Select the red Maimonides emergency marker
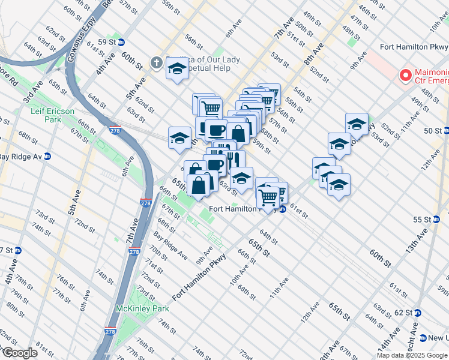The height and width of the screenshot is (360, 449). (405, 75)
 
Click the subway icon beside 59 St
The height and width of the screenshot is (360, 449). (121, 42)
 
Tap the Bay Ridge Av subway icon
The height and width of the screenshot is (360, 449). (47, 157)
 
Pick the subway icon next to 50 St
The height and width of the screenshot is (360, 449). (445, 130)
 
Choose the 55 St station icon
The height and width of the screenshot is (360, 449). (444, 220)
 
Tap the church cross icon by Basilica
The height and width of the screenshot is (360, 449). (156, 62)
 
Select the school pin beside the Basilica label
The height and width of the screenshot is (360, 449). (178, 71)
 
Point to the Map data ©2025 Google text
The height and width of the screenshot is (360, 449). (412, 355)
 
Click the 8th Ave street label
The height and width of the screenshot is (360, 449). (313, 53)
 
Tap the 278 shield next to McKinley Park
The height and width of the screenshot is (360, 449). (110, 331)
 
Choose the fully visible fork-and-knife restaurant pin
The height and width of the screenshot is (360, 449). (234, 160)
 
